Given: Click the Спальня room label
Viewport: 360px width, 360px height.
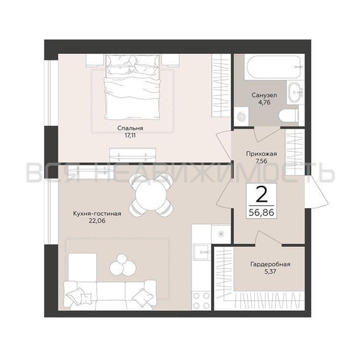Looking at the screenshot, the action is [130, 128].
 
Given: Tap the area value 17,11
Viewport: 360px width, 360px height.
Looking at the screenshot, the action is [130, 135].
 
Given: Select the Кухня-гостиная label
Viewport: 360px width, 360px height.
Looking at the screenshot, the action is [97, 214].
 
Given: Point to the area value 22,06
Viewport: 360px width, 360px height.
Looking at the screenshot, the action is [97, 221].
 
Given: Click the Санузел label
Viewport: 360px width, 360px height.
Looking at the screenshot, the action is [264, 95].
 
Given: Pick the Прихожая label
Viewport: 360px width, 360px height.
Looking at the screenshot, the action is [261, 154].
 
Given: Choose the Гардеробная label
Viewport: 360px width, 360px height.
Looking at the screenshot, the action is [270, 264].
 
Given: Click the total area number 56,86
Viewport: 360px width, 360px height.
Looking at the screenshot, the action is [261, 212].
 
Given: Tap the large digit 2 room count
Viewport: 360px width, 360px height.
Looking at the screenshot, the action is [261, 194].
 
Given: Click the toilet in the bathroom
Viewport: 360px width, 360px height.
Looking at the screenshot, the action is [289, 116].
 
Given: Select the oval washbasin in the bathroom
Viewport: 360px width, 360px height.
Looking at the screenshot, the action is [294, 92].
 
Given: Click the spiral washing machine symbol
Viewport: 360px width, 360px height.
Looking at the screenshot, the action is [241, 117].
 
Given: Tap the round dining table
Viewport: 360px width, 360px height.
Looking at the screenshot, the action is [150, 195].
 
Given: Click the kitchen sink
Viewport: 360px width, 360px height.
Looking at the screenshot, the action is [202, 252].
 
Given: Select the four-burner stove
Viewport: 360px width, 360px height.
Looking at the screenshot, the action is [201, 300].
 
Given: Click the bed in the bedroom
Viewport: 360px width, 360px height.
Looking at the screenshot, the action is [132, 87].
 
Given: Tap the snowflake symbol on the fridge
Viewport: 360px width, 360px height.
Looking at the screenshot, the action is [220, 234].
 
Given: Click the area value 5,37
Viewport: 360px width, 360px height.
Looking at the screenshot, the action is [270, 271].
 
